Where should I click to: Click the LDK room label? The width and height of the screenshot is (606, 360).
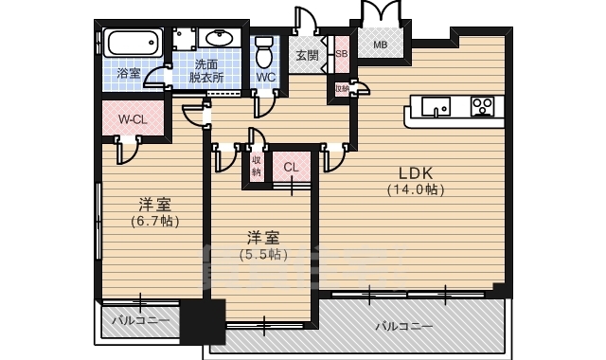tap(415, 173)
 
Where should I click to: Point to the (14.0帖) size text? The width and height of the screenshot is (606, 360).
tap(415, 189)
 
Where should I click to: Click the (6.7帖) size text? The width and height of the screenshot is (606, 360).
tap(155, 221)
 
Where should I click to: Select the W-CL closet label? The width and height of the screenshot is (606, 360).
tap(132, 119)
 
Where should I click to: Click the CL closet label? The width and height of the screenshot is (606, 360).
tap(291, 168)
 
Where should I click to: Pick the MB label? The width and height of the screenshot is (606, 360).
tap(380, 45)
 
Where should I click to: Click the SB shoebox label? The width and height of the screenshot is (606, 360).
tap(341, 55)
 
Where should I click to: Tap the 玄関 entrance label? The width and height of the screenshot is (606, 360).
tap(306, 55)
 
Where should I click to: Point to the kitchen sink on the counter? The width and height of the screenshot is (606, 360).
tap(437, 104)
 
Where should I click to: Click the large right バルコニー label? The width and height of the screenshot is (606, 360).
tap(403, 326)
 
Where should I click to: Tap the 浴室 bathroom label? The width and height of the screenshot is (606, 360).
tap(128, 72)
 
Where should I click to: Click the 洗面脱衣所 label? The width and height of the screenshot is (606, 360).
tap(206, 72)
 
